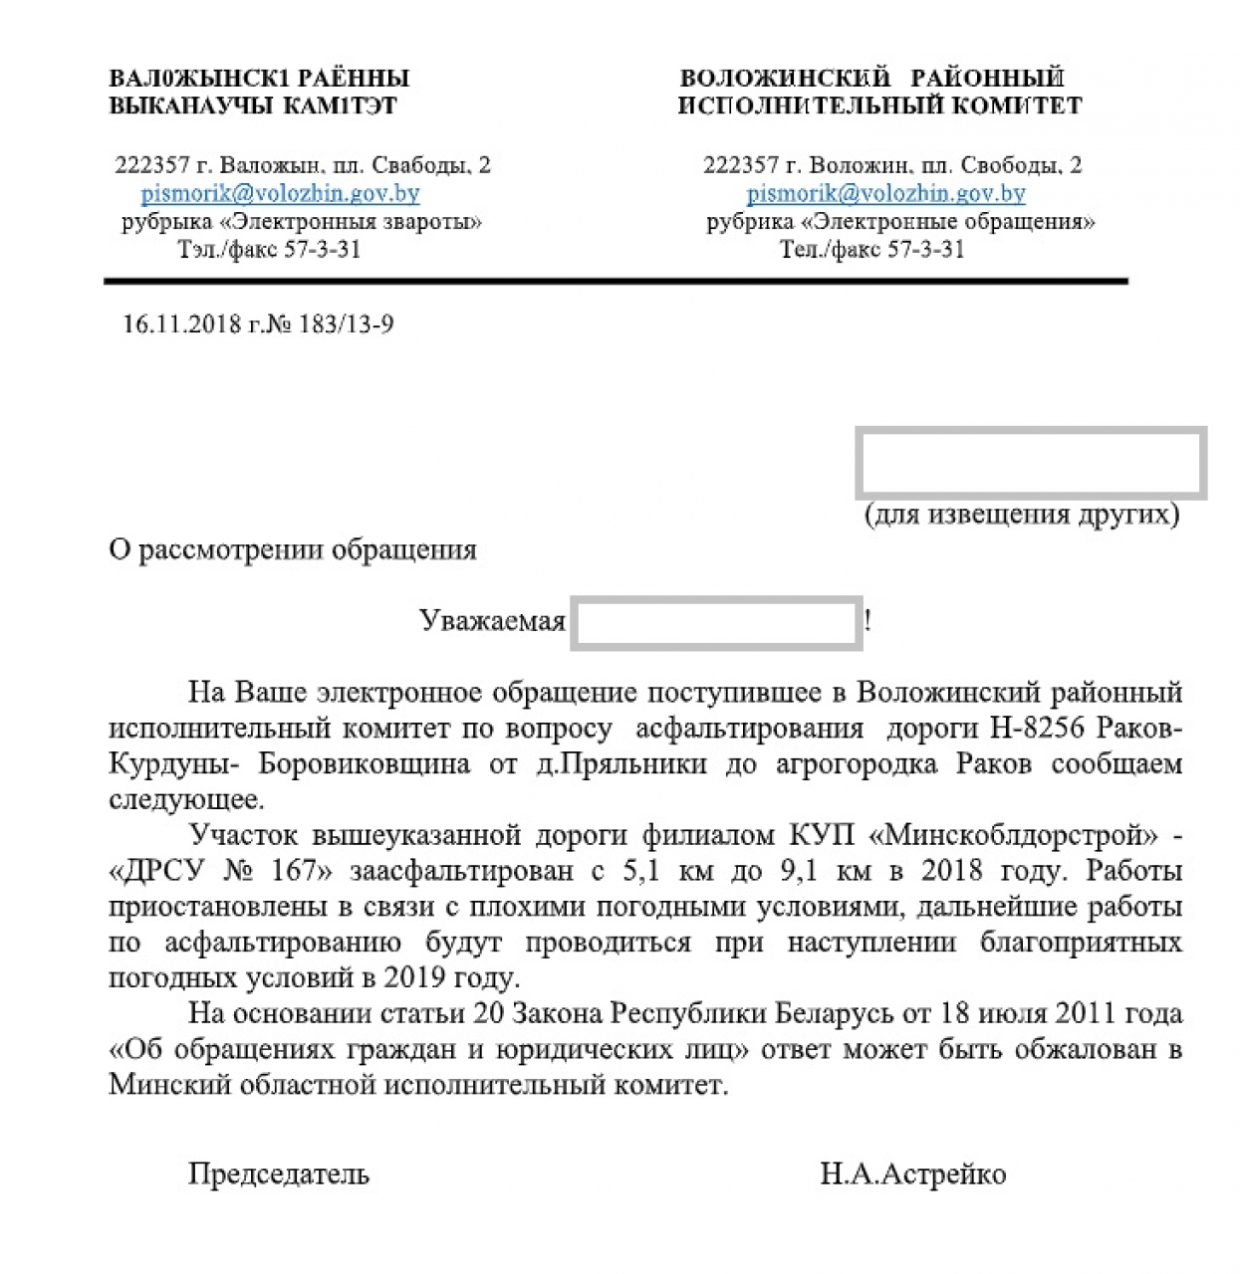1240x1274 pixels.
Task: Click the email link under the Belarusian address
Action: [x=280, y=193]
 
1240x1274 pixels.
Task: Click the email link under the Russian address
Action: [x=885, y=193]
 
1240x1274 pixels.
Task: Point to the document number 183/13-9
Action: [x=346, y=324]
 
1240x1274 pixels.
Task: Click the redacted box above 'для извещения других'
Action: [x=1031, y=463]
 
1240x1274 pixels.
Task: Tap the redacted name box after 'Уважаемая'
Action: [x=716, y=622]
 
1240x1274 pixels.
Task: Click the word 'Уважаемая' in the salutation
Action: [x=492, y=622]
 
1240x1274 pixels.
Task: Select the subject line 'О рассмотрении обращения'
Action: [x=293, y=550]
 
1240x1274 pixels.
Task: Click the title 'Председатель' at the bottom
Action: [x=278, y=1174]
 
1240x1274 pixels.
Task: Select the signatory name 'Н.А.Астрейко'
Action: [x=912, y=1174]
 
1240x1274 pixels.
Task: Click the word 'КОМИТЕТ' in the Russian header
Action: [x=1018, y=106]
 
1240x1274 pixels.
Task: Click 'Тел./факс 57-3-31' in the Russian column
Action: [x=871, y=249]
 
